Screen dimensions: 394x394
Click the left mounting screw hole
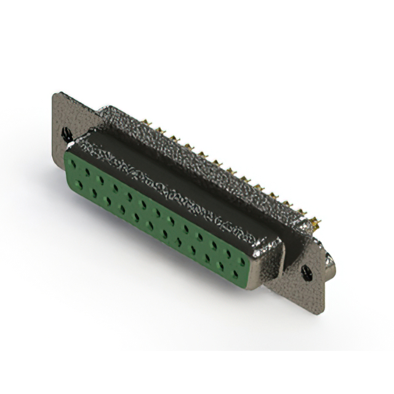click(66, 132)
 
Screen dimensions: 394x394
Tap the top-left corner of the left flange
click(56, 94)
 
